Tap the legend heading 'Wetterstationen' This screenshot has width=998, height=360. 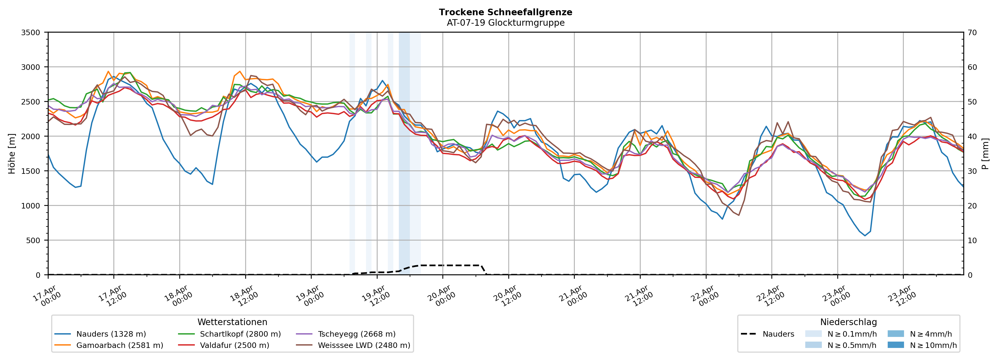pyautogui.click(x=232, y=322)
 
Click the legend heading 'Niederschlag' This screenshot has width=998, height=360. pyautogui.click(x=848, y=322)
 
